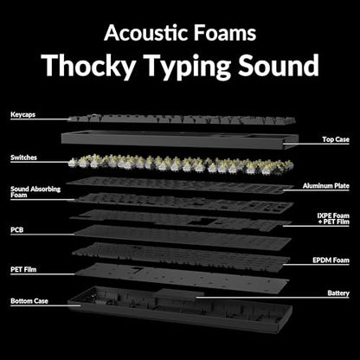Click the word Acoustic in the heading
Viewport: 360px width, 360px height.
coord(146,33)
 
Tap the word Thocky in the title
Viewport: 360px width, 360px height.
coord(88,66)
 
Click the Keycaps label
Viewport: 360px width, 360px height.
coord(23,114)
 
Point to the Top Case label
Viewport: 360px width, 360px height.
coord(336,139)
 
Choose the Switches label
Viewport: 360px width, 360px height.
coord(23,157)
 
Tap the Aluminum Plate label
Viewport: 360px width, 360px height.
coord(326,186)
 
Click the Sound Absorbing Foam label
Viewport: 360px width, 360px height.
coord(35,192)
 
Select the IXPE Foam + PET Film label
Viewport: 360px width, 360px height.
coord(333,219)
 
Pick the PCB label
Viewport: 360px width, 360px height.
coord(16,230)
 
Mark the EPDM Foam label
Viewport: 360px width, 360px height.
coord(331,260)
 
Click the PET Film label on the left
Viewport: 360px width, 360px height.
coord(23,270)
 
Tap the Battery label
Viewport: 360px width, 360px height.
coord(338,293)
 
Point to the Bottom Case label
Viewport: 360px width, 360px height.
coord(29,301)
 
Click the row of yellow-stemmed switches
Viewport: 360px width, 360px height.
coord(181,164)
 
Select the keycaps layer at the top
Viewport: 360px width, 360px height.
coord(182,119)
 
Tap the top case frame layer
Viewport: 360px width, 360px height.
coord(179,140)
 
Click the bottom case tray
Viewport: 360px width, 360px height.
coord(180,310)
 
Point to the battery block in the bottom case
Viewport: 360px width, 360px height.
coord(179,294)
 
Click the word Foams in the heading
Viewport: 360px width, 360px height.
coord(225,33)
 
